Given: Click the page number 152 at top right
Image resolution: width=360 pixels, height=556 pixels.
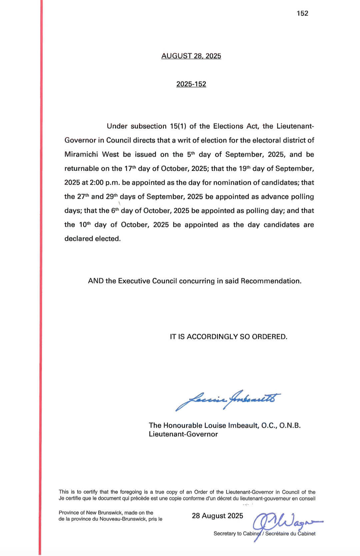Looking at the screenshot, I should tap(302, 13).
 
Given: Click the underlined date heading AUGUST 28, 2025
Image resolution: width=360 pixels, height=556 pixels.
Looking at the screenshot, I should tap(191, 56).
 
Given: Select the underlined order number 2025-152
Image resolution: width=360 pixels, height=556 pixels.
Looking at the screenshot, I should tap(191, 84).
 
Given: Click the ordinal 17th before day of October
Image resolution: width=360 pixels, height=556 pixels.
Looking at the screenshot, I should tap(130, 168).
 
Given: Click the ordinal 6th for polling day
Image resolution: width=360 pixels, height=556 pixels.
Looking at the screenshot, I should tap(115, 210).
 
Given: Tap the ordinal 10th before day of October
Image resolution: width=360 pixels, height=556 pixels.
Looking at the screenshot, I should tap(85, 224).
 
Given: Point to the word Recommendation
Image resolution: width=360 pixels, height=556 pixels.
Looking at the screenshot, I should tap(271, 281).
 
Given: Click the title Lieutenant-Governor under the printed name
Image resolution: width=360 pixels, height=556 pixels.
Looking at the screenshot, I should tap(183, 434).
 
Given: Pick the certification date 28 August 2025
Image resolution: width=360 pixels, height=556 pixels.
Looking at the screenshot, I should tap(217, 516).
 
